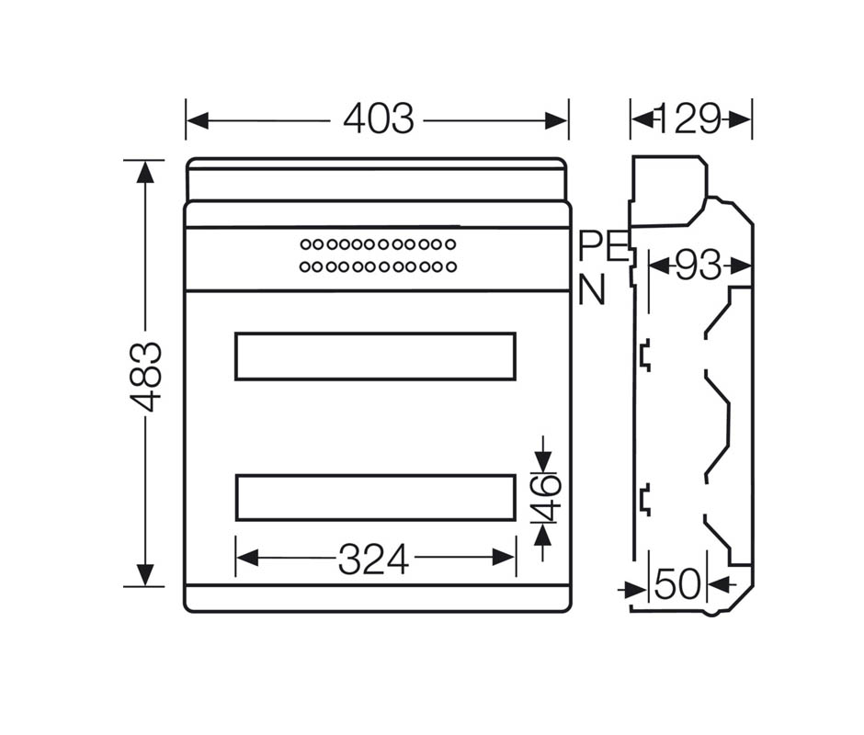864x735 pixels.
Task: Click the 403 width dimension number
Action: [379, 119]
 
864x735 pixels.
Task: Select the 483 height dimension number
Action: [146, 377]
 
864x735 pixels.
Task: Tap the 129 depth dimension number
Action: [689, 119]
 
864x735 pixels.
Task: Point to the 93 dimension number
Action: [699, 266]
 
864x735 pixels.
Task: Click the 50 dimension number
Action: [677, 584]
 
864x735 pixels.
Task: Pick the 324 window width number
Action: [373, 560]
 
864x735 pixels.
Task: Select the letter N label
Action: [592, 289]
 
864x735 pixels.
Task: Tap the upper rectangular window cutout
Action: [375, 334]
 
